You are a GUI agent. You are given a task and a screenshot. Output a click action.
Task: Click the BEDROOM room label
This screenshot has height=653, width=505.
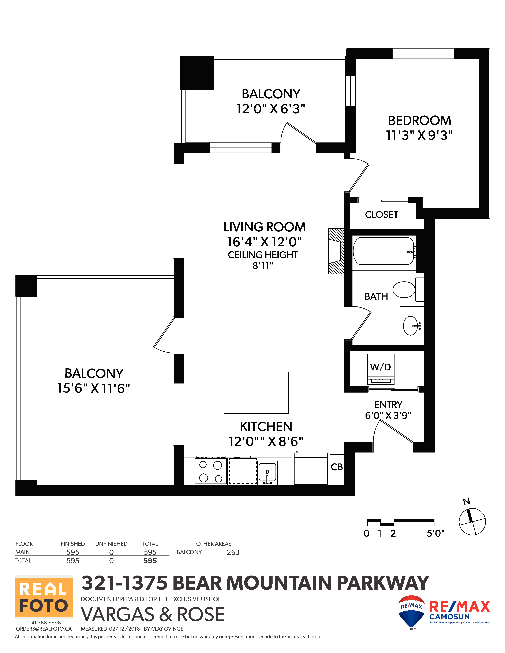(419, 121)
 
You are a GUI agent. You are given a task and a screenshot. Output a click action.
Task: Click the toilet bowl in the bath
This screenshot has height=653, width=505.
(404, 289)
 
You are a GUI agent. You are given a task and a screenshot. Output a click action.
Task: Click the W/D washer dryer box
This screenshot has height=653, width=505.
(381, 369)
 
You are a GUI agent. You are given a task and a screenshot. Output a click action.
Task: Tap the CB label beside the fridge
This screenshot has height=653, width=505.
(337, 467)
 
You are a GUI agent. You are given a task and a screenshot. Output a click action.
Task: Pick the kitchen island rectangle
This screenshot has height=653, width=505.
(256, 393)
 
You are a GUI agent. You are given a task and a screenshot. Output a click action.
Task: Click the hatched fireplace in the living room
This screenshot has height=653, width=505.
(336, 251)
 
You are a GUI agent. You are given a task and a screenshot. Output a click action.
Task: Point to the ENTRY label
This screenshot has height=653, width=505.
(388, 405)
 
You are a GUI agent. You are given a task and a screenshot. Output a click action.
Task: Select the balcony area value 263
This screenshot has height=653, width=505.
(233, 552)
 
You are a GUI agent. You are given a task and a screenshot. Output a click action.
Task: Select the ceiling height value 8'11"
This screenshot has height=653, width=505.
(263, 266)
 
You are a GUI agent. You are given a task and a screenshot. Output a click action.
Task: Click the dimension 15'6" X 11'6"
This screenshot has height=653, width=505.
(93, 388)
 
